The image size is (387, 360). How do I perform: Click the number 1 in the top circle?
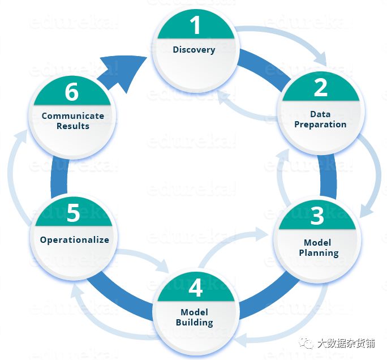point(195,25)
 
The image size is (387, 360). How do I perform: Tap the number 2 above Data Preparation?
point(320,88)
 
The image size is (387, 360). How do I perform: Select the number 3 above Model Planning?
point(317,216)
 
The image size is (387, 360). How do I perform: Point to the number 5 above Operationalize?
point(73,213)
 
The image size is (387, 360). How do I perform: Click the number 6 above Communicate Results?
point(72,92)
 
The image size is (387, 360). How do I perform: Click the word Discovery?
point(194,50)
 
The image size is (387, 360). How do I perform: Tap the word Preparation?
point(320,125)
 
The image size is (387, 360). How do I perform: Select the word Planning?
point(319,252)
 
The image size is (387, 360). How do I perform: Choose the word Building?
point(195,323)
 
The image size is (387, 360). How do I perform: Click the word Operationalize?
point(74,240)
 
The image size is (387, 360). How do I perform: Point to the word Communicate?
point(73,116)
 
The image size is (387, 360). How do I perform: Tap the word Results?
point(73,126)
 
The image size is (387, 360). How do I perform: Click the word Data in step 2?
point(320,114)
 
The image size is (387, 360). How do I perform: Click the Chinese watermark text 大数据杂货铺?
point(345,343)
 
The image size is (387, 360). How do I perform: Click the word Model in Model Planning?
point(317,242)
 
